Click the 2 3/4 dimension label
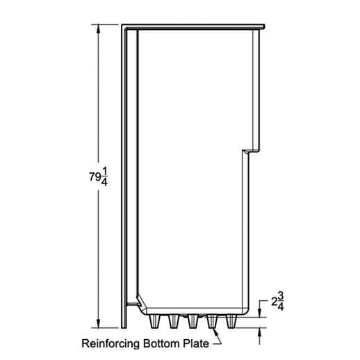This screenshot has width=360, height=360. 277,303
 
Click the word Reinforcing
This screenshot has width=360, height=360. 111,343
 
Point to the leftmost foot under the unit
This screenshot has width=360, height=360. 154,321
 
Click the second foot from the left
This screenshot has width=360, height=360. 172,321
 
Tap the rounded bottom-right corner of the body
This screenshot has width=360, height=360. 245,309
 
